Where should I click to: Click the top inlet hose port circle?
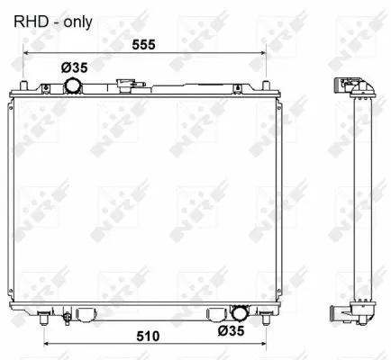(72, 85)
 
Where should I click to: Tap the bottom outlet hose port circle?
(239, 314)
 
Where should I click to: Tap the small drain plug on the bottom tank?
(67, 317)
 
